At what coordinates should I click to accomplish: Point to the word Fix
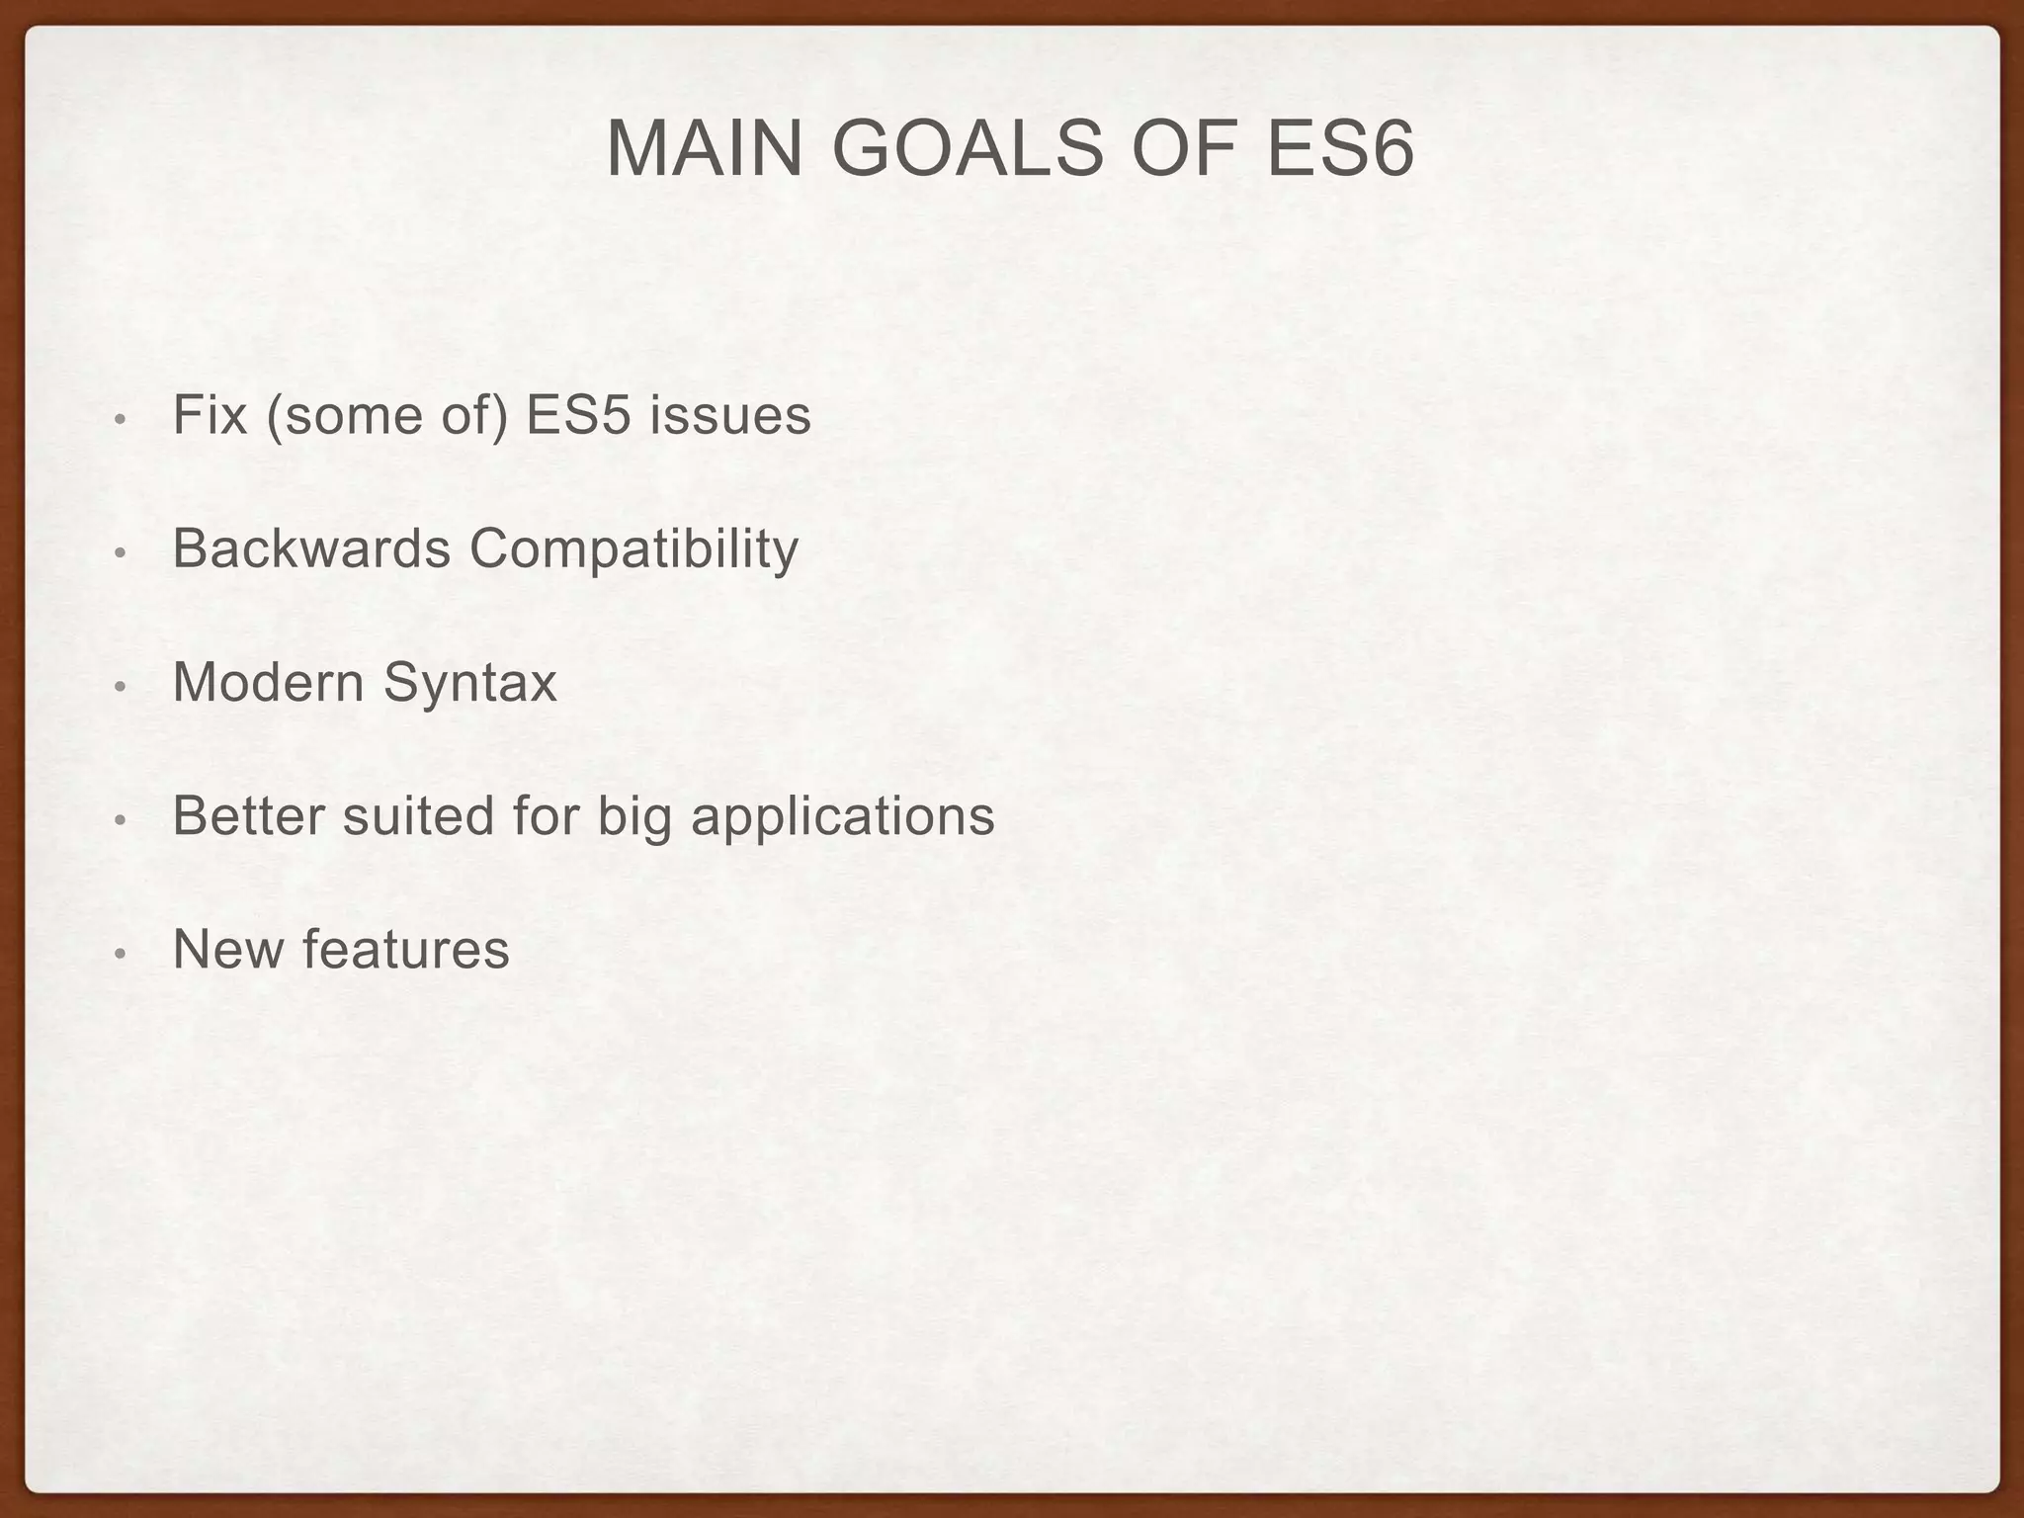point(209,415)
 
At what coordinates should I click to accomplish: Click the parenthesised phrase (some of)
point(386,415)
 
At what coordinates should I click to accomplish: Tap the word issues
point(730,415)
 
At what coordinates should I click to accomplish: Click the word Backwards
point(311,548)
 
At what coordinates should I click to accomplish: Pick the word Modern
point(268,682)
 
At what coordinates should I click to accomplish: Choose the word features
point(406,949)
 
